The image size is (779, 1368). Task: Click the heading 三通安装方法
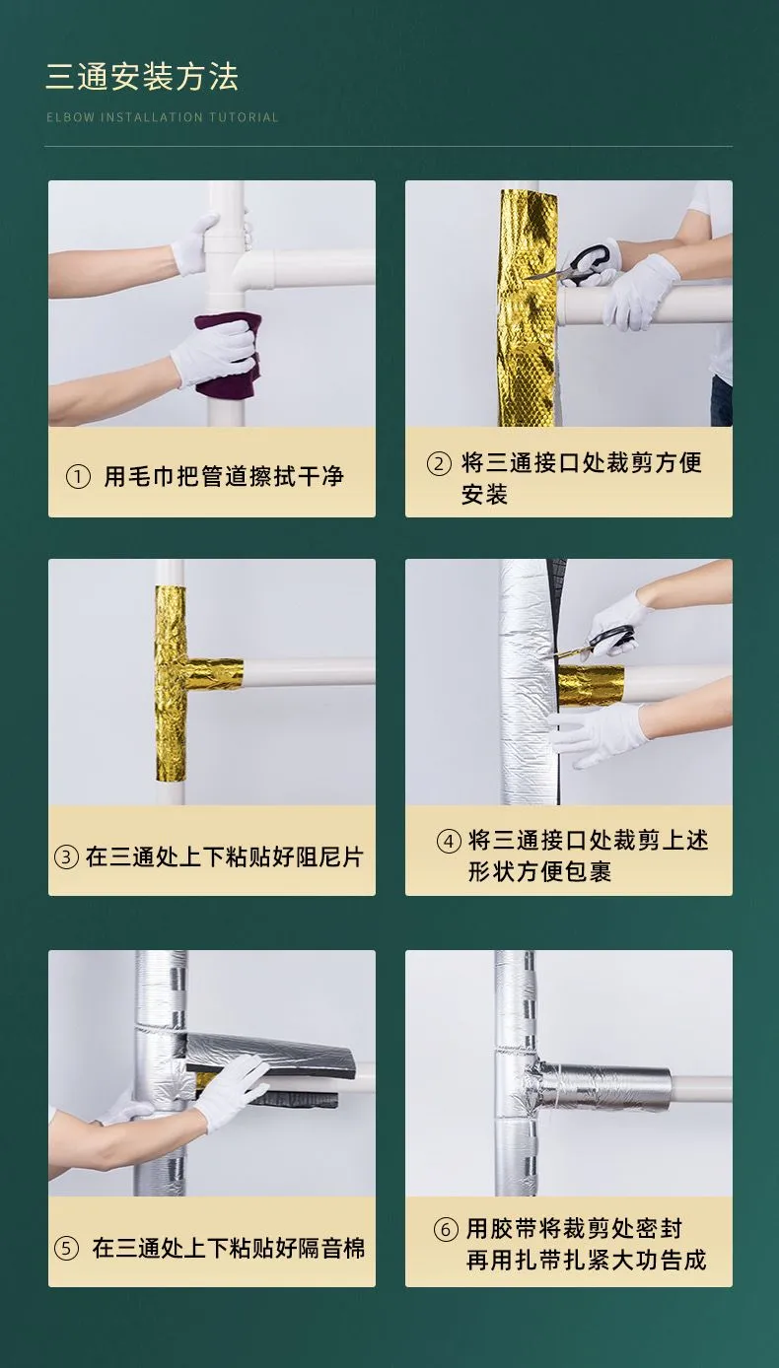tap(142, 78)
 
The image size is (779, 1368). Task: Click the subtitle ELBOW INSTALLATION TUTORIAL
tap(163, 117)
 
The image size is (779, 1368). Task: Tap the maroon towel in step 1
tap(227, 354)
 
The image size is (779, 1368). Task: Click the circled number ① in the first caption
tap(78, 477)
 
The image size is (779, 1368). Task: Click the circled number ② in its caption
tap(439, 463)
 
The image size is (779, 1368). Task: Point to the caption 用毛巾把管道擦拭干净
tap(224, 477)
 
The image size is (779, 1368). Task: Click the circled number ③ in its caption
tap(67, 856)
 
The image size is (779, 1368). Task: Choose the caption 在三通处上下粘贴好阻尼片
tap(224, 856)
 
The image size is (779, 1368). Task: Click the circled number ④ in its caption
tap(449, 841)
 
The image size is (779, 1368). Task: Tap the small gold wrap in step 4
tap(592, 685)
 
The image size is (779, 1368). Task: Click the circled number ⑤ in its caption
tap(67, 1248)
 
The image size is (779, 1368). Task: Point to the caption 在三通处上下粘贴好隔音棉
tap(229, 1248)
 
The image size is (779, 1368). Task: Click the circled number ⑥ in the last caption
tap(446, 1229)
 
